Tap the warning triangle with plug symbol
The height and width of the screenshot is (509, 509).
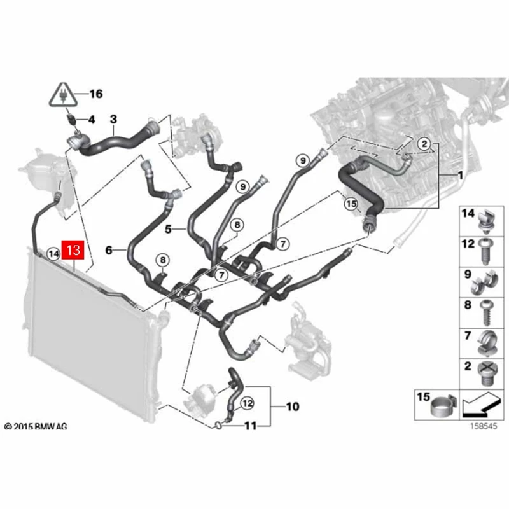(66, 96)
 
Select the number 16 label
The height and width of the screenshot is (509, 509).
(95, 94)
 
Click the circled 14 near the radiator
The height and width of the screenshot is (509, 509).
(54, 254)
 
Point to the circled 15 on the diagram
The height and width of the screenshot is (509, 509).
(352, 204)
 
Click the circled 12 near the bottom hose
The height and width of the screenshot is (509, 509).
(247, 403)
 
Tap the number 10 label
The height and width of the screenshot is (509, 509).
(293, 405)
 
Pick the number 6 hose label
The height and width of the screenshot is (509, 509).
(109, 251)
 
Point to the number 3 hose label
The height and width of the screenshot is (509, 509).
(114, 118)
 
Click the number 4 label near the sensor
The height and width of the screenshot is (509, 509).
(92, 119)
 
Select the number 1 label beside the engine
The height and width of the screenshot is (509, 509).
(459, 173)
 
